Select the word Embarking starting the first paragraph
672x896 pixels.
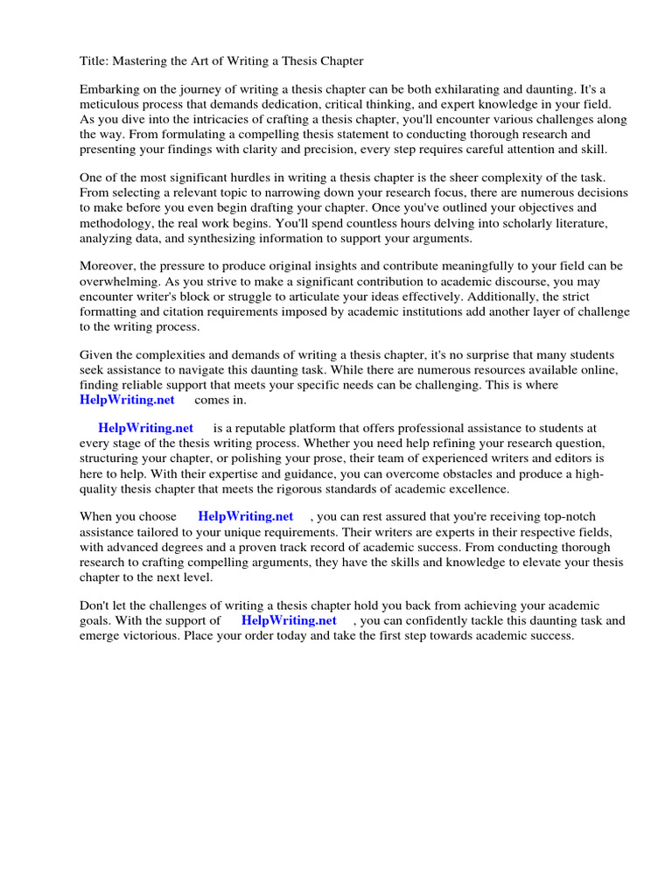(108, 90)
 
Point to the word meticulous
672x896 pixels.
(109, 105)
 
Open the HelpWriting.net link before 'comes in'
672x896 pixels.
(127, 400)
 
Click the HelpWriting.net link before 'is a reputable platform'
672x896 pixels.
(145, 429)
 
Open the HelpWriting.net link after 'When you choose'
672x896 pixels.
(246, 517)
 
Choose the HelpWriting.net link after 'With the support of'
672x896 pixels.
(289, 620)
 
